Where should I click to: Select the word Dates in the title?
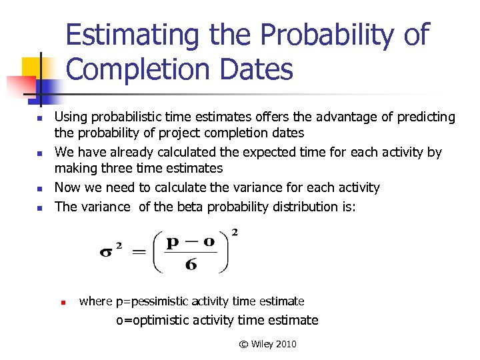[257, 69]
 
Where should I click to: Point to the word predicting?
[427, 117]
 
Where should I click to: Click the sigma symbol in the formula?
[107, 253]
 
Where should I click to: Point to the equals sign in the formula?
[139, 253]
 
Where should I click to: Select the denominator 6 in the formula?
[191, 265]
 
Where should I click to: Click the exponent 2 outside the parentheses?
[234, 233]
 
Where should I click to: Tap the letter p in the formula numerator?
[173, 241]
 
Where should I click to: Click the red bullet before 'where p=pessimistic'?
[62, 302]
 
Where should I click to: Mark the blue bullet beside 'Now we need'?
[39, 189]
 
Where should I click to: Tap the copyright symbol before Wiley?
[243, 344]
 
